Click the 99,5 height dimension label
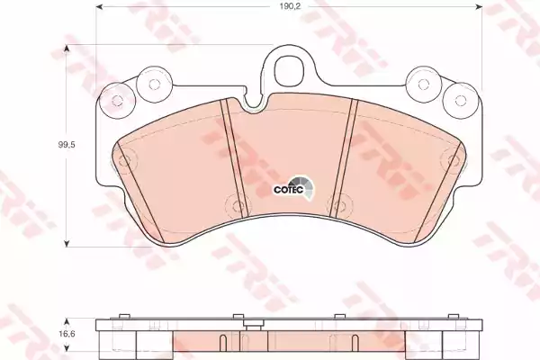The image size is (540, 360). point(67,145)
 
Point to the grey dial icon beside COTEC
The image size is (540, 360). point(303,188)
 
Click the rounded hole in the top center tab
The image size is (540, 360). point(289,69)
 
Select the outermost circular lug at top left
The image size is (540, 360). point(116,101)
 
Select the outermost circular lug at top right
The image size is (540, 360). point(460,100)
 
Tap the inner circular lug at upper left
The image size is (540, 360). point(154,84)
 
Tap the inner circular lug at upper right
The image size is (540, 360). point(423,84)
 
